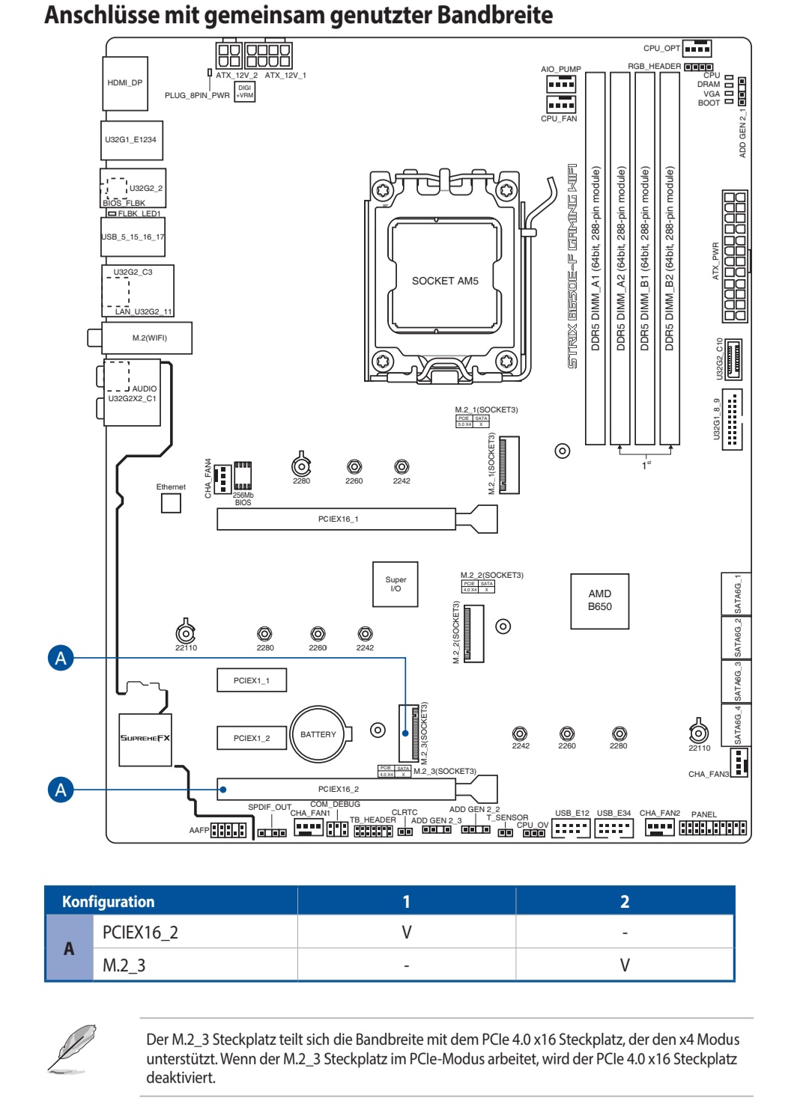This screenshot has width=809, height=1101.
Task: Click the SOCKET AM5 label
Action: pyautogui.click(x=444, y=281)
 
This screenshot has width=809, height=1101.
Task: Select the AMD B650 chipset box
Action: pyautogui.click(x=599, y=600)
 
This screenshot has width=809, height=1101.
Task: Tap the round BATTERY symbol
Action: pyautogui.click(x=318, y=734)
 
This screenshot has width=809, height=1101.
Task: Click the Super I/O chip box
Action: pyautogui.click(x=396, y=584)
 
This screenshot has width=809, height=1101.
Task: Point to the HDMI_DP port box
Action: pyautogui.click(x=125, y=83)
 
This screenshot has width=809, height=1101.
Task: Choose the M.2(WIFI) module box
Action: pyautogui.click(x=148, y=338)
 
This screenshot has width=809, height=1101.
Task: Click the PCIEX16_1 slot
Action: pyautogui.click(x=337, y=519)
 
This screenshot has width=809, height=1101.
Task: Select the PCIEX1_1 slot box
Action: pyautogui.click(x=252, y=680)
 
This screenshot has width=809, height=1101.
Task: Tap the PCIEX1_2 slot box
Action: pyautogui.click(x=252, y=738)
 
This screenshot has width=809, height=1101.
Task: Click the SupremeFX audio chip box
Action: pyautogui.click(x=145, y=739)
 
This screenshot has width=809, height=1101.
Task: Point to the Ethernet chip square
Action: pyautogui.click(x=171, y=502)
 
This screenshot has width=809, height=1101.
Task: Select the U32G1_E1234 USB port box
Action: pyautogui.click(x=131, y=140)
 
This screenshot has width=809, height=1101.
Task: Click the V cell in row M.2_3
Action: pyautogui.click(x=624, y=965)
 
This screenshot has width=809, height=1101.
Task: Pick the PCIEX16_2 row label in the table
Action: pyautogui.click(x=140, y=933)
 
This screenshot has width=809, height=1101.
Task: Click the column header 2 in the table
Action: pyautogui.click(x=624, y=901)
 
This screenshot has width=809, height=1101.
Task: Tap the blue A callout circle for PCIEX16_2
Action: pyautogui.click(x=61, y=790)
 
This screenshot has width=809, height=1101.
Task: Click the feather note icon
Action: pyautogui.click(x=72, y=1049)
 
